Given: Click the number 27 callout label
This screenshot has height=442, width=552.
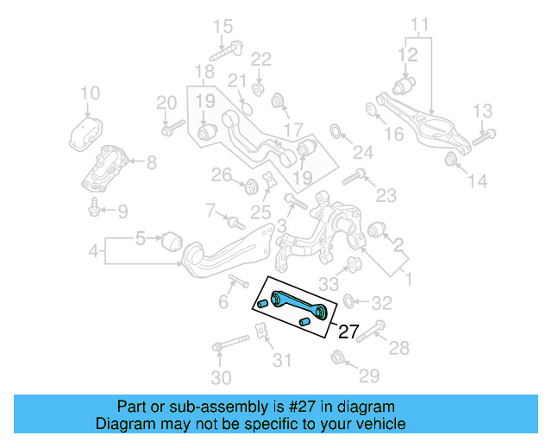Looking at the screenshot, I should pyautogui.click(x=348, y=331).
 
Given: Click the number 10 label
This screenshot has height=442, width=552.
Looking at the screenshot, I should pyautogui.click(x=90, y=93).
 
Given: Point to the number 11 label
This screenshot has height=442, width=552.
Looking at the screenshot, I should pyautogui.click(x=419, y=23).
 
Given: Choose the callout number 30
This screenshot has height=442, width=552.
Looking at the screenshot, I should pyautogui.click(x=222, y=377).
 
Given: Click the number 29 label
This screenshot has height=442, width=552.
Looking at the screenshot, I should pyautogui.click(x=369, y=376).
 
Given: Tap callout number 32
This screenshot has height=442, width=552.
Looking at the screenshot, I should pyautogui.click(x=382, y=303).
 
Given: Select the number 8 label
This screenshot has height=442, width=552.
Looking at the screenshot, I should pyautogui.click(x=151, y=161).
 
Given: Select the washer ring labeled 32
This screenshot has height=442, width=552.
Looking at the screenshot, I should pyautogui.click(x=348, y=301).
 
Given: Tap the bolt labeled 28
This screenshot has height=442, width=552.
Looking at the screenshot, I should pyautogui.click(x=373, y=334).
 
